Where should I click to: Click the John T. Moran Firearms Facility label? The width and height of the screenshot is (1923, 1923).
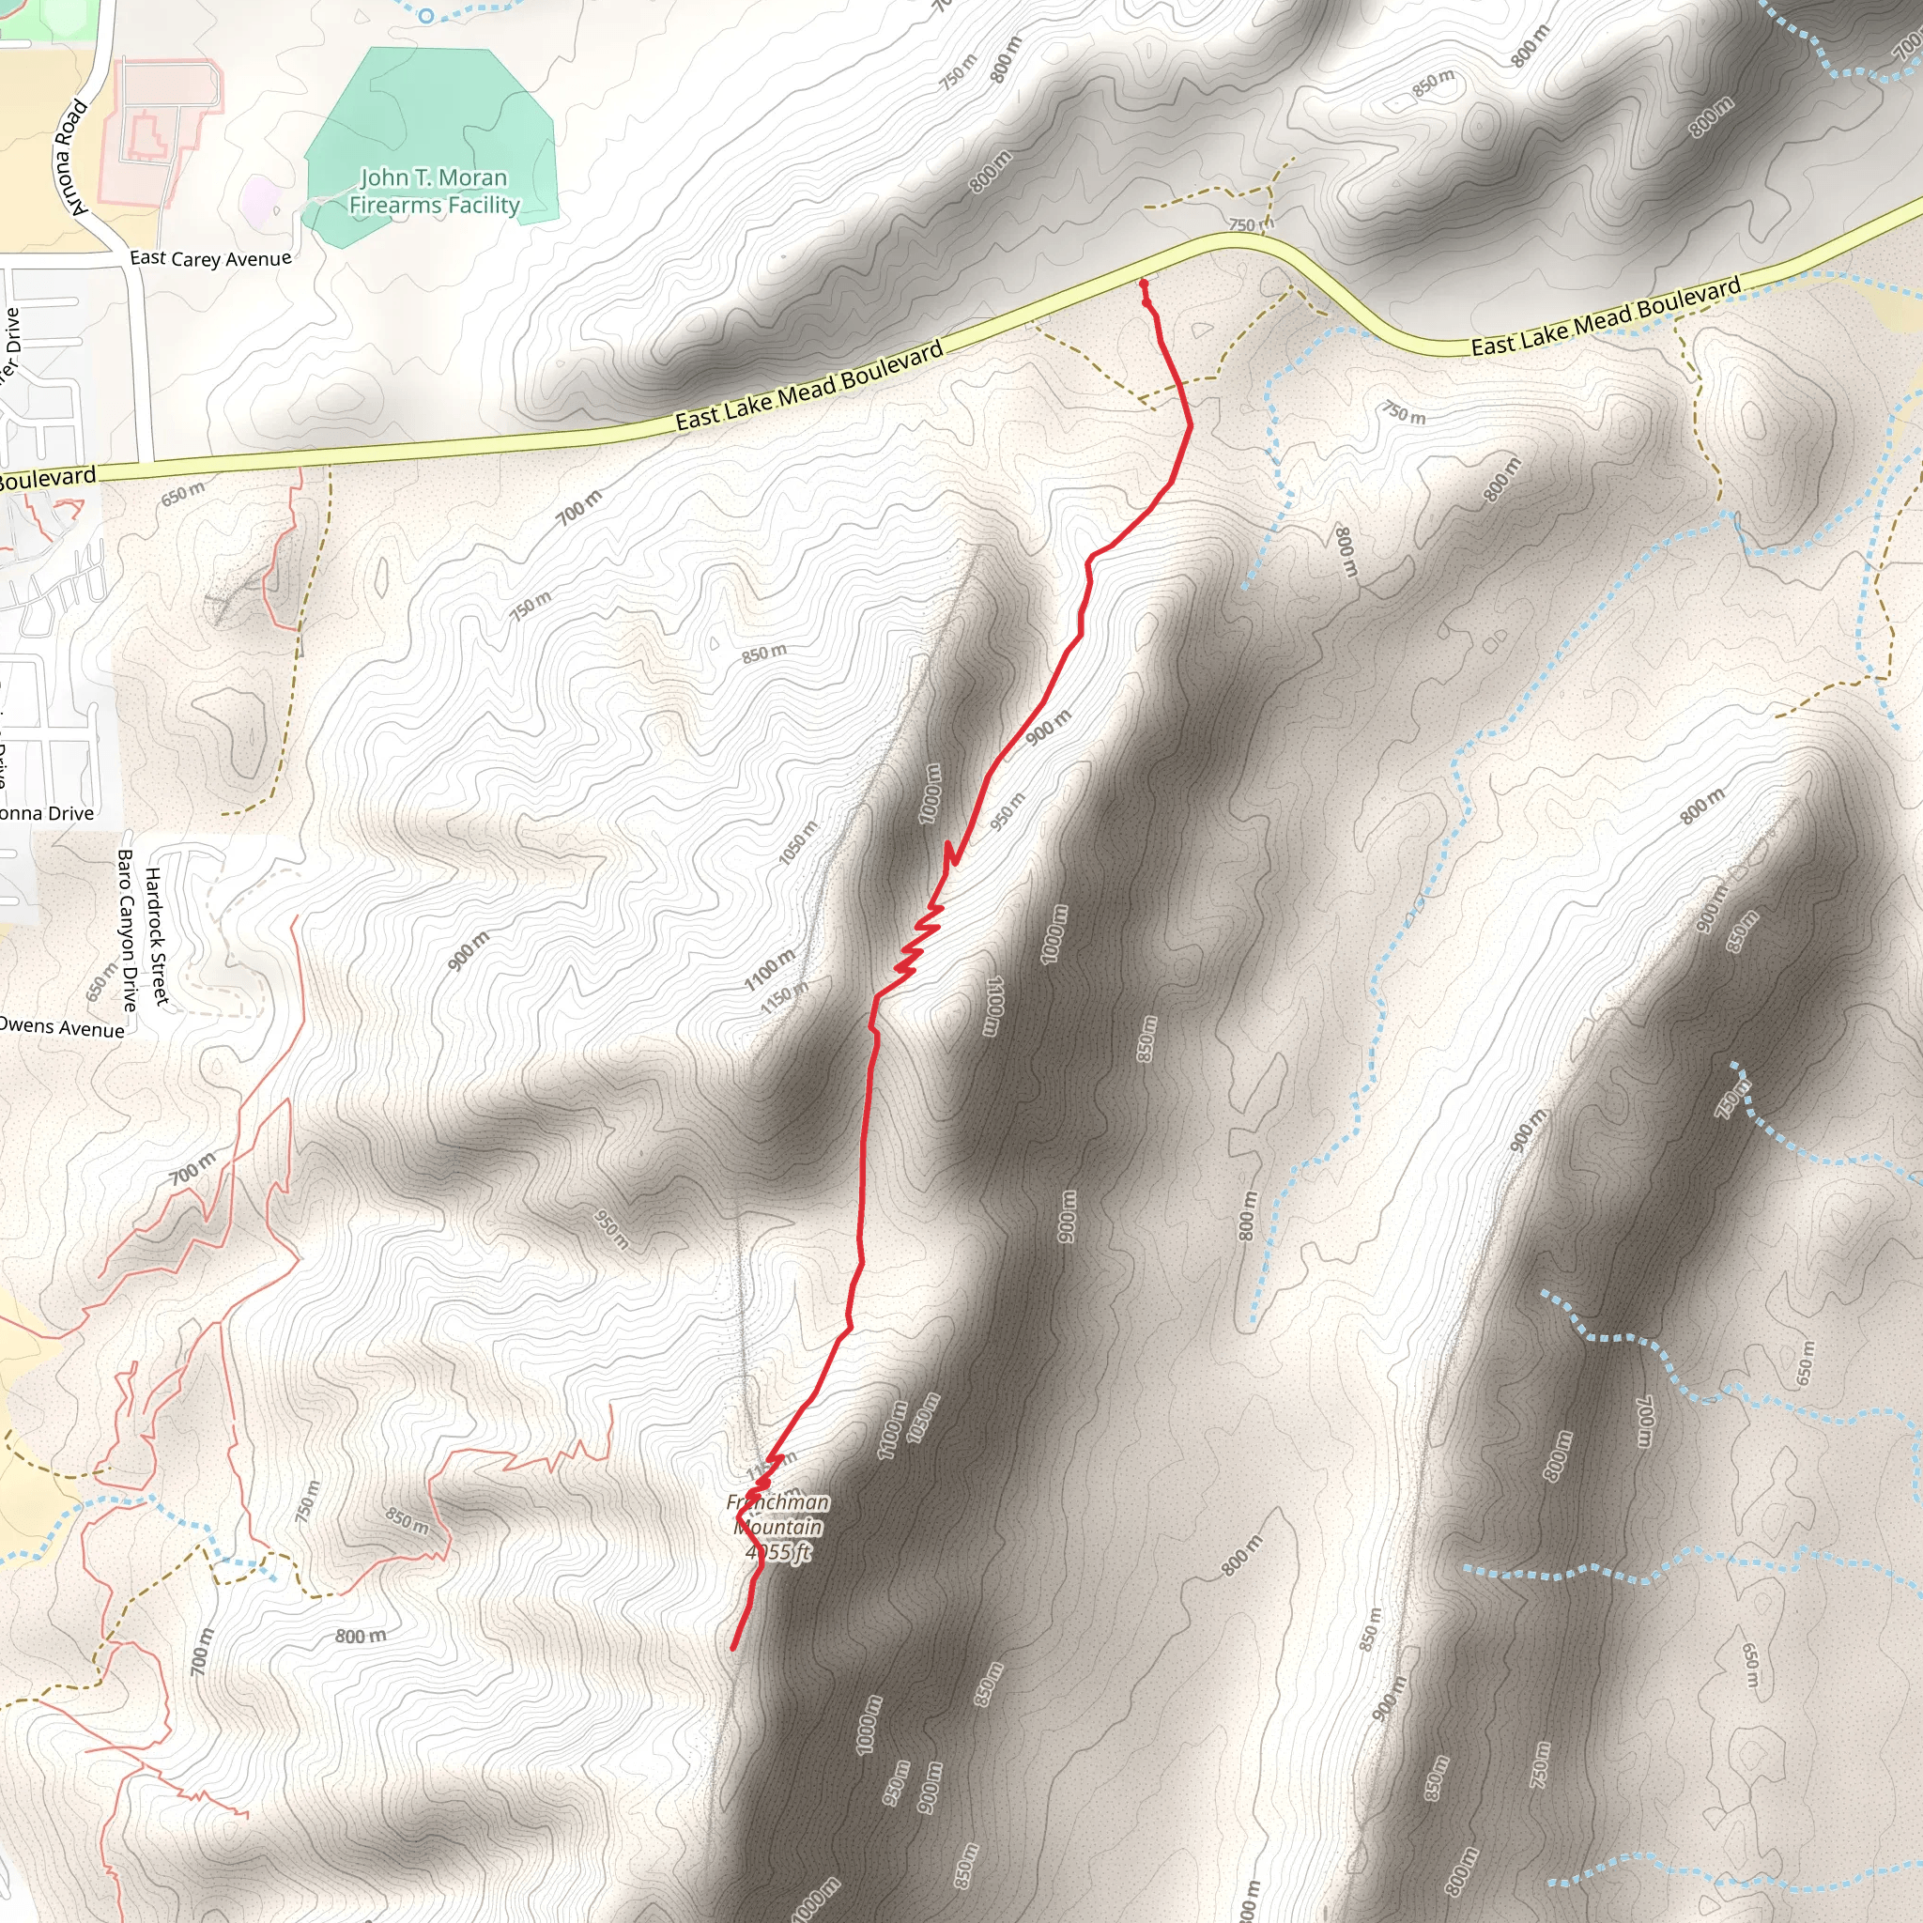[434, 192]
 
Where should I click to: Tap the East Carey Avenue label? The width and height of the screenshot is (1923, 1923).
[210, 259]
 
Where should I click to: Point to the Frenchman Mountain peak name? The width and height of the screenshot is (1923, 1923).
[777, 1514]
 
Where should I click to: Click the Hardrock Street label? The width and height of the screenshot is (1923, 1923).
[157, 935]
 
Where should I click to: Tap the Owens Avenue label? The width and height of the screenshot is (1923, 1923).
[62, 1027]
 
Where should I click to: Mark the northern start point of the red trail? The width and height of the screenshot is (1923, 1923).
[1144, 284]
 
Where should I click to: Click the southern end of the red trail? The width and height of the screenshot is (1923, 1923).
[733, 1648]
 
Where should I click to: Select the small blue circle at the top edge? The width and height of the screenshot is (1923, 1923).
[426, 15]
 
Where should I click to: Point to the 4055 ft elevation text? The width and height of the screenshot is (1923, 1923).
[778, 1553]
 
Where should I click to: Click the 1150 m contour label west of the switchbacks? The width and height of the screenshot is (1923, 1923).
[783, 998]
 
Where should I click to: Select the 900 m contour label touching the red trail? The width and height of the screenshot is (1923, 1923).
[1048, 728]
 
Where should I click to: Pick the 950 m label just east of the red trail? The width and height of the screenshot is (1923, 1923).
[1008, 811]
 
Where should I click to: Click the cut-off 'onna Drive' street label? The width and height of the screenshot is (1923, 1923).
[47, 813]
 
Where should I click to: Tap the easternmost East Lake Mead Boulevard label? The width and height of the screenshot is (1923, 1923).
[1606, 317]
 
